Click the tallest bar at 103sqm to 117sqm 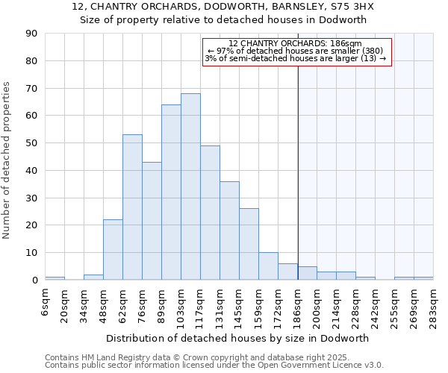tap(190, 186)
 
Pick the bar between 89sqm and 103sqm tap(171, 192)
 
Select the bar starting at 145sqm tap(249, 244)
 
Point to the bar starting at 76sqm tap(152, 221)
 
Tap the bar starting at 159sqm tap(268, 266)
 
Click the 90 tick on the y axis tap(33, 34)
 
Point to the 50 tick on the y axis tap(33, 143)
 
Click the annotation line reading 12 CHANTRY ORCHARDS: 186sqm tap(295, 44)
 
